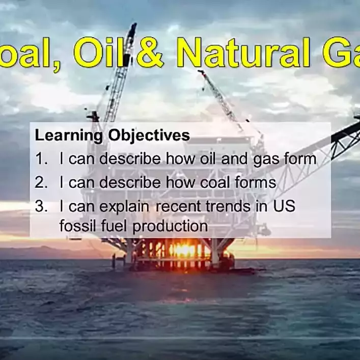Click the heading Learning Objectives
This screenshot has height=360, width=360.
(112, 136)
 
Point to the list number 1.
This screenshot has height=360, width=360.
(41, 159)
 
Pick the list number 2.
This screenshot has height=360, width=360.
(41, 182)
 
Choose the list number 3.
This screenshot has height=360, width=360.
(41, 207)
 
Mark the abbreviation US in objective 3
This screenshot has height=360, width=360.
(285, 207)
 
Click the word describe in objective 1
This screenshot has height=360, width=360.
(132, 159)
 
